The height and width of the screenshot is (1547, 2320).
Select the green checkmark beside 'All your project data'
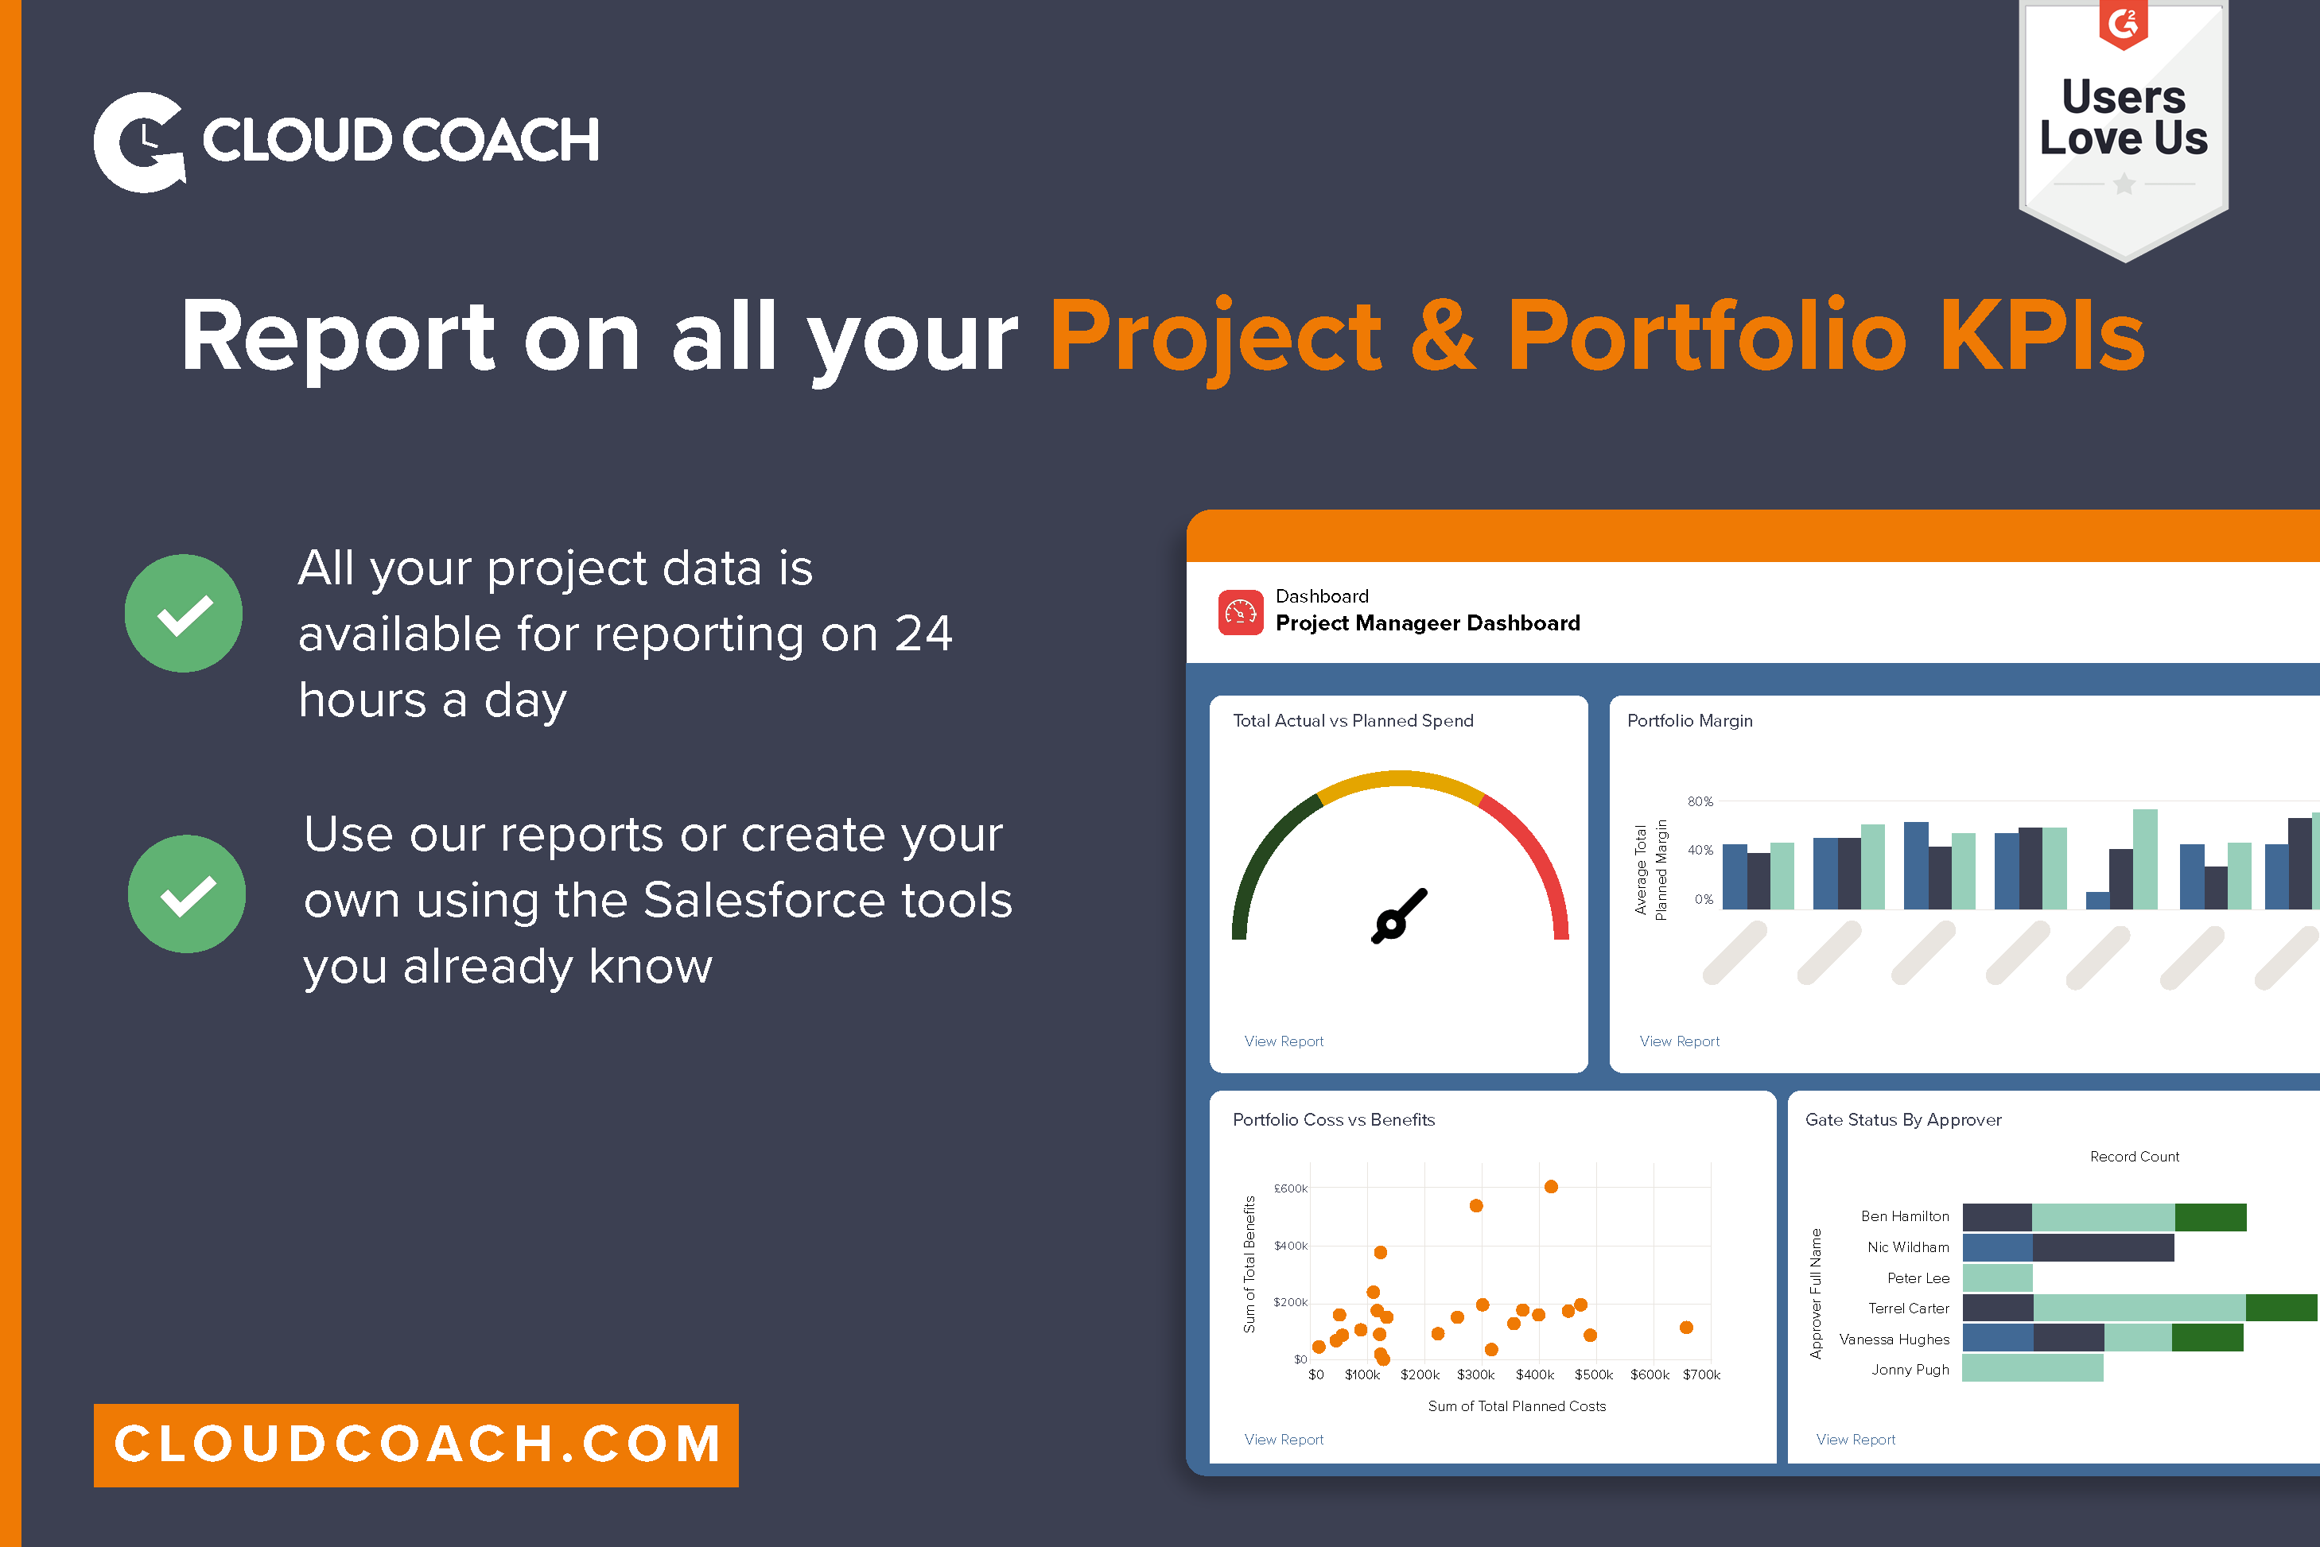click(184, 614)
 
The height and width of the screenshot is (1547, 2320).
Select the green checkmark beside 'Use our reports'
click(187, 894)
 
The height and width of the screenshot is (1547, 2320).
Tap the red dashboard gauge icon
click(1241, 613)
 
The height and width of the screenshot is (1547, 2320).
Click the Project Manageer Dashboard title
click(1427, 622)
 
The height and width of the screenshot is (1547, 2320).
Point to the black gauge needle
click(1397, 917)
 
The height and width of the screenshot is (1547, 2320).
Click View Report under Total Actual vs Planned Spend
click(1283, 1041)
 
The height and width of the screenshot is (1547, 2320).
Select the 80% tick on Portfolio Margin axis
click(1700, 801)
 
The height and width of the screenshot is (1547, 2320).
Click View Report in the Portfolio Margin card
click(1679, 1041)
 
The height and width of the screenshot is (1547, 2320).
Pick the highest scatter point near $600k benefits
click(1550, 1187)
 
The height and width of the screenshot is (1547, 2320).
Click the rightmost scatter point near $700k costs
click(1685, 1327)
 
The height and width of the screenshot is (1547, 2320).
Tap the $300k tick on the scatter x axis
click(1475, 1374)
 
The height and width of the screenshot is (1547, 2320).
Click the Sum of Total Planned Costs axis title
click(1516, 1406)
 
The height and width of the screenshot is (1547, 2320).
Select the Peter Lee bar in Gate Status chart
click(1996, 1278)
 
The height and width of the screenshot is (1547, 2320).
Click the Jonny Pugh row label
click(1910, 1370)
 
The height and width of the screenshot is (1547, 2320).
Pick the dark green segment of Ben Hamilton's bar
click(2209, 1217)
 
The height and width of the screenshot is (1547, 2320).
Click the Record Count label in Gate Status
click(2133, 1157)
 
